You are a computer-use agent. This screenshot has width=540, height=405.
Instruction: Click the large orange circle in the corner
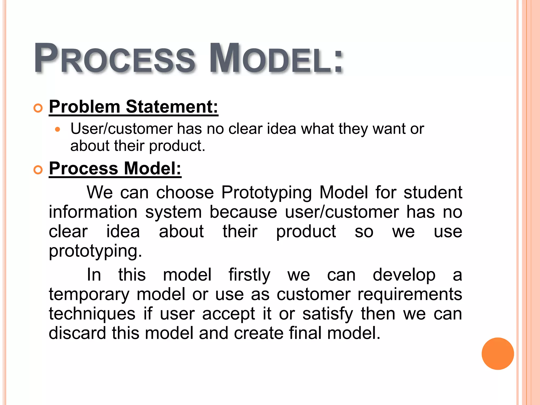click(498, 354)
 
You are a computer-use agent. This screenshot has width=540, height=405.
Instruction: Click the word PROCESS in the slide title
click(115, 58)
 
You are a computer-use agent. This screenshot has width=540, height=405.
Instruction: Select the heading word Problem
click(85, 107)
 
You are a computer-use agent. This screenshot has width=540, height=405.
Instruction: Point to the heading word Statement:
click(172, 107)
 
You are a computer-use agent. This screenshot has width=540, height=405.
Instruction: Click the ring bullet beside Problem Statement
click(38, 108)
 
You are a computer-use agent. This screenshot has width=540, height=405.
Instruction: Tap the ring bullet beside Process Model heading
click(38, 170)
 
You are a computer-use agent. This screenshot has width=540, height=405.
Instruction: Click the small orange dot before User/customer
click(58, 130)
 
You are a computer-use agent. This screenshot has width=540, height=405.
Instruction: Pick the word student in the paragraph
click(433, 192)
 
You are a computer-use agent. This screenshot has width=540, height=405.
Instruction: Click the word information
click(93, 212)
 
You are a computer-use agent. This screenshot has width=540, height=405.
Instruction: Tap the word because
click(243, 212)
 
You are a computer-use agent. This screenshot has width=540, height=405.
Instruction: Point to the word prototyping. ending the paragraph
click(95, 252)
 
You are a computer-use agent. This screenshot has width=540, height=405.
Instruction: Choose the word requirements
click(409, 295)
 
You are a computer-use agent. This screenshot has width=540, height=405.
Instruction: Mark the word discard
click(77, 333)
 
